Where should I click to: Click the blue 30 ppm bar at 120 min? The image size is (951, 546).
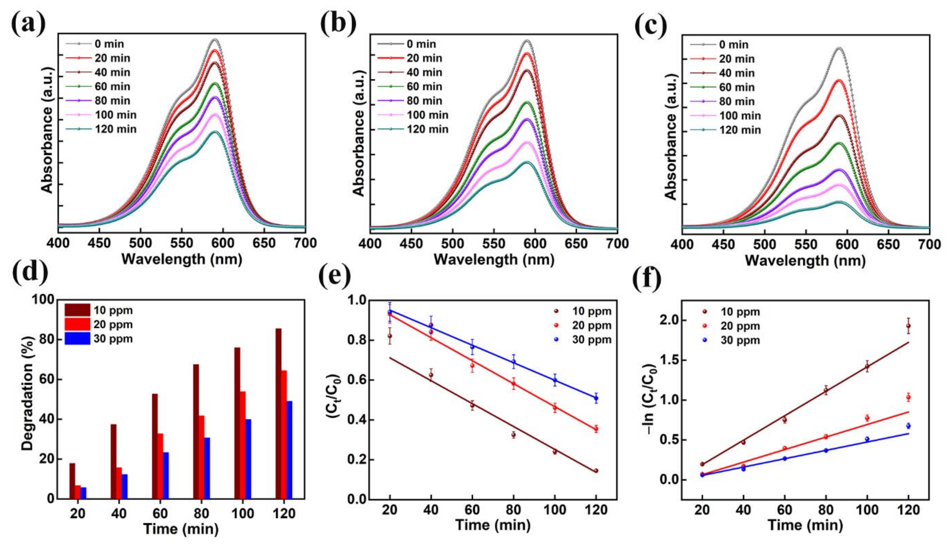click(x=289, y=450)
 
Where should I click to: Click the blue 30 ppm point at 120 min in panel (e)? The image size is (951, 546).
click(x=596, y=398)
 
